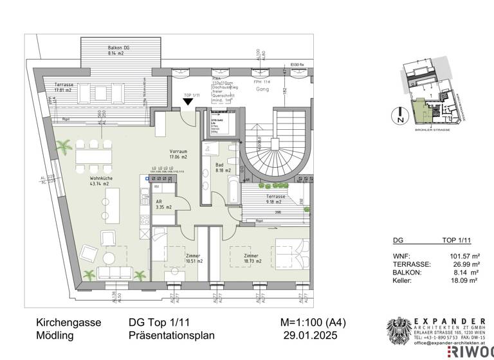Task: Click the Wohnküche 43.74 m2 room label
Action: (x=85, y=181)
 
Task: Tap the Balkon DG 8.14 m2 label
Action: (x=119, y=52)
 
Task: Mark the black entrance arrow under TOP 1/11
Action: (x=188, y=111)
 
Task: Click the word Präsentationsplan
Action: (x=172, y=336)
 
